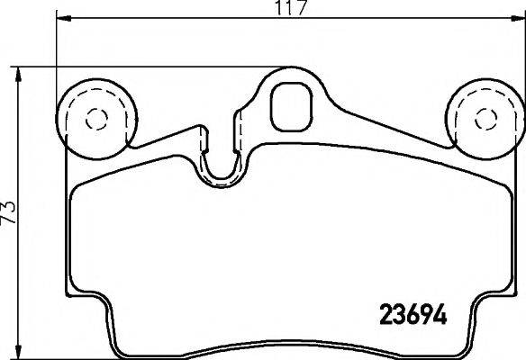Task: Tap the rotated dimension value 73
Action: pos(10,212)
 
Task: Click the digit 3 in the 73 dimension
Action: pos(10,204)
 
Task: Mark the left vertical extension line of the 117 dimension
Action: pos(58,54)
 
